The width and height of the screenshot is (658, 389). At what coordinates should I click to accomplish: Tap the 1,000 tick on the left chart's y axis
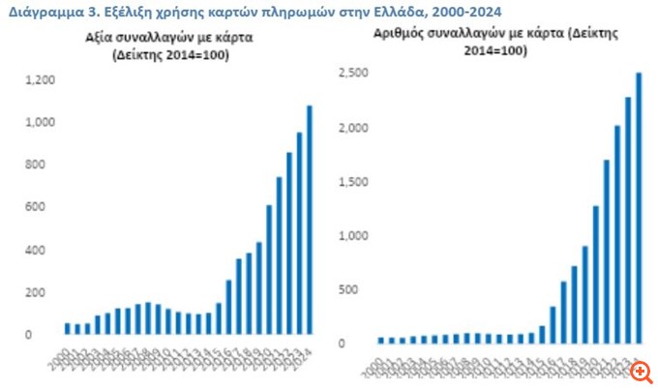pyautogui.click(x=42, y=123)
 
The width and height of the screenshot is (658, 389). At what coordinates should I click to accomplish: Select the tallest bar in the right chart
pyautogui.click(x=639, y=208)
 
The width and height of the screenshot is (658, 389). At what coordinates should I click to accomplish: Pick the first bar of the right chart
pyautogui.click(x=381, y=340)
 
